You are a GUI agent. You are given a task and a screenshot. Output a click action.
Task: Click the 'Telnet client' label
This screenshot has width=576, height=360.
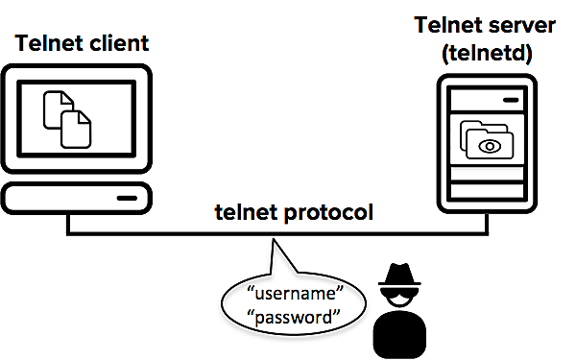[x=83, y=43]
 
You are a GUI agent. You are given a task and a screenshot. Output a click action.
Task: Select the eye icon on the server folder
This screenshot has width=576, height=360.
[x=491, y=146]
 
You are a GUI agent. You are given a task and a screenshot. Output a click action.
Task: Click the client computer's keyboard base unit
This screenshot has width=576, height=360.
[x=77, y=198]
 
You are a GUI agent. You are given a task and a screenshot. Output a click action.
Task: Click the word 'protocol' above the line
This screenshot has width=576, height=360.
[x=327, y=212]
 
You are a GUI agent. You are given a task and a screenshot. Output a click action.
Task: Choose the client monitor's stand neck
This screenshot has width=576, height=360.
[x=77, y=174]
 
